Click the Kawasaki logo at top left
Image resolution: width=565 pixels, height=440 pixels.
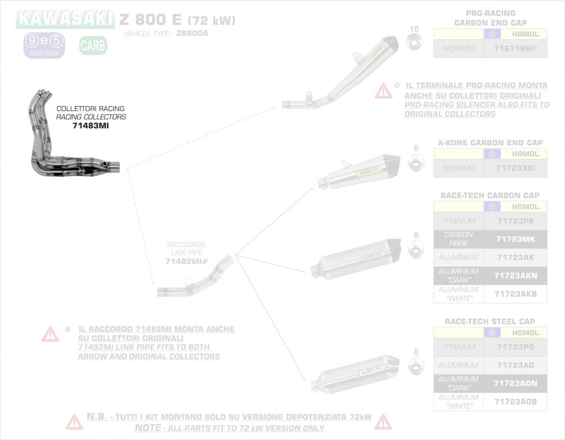pos(65,19)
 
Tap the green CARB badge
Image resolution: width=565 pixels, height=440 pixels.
pos(93,45)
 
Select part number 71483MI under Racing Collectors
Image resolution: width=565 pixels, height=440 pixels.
pos(90,126)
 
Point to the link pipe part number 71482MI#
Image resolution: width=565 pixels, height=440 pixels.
pos(186,261)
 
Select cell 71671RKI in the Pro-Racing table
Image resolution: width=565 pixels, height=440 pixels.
pos(515,48)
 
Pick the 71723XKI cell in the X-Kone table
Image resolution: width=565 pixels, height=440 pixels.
pos(515,168)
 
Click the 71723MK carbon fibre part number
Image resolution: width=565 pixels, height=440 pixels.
pos(515,239)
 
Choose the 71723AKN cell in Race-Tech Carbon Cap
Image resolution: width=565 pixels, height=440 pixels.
pos(515,276)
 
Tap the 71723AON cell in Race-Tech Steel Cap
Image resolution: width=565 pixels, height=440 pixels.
pos(515,384)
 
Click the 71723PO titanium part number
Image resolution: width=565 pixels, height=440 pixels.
pos(515,347)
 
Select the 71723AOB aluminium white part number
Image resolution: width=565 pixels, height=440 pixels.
pos(515,402)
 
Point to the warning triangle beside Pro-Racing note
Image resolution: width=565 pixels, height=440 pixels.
pos(383,91)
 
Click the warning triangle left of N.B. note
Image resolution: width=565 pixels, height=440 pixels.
pos(74,422)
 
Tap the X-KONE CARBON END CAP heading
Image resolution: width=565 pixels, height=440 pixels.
pos(490,143)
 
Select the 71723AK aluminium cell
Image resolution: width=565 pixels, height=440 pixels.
pos(515,257)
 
